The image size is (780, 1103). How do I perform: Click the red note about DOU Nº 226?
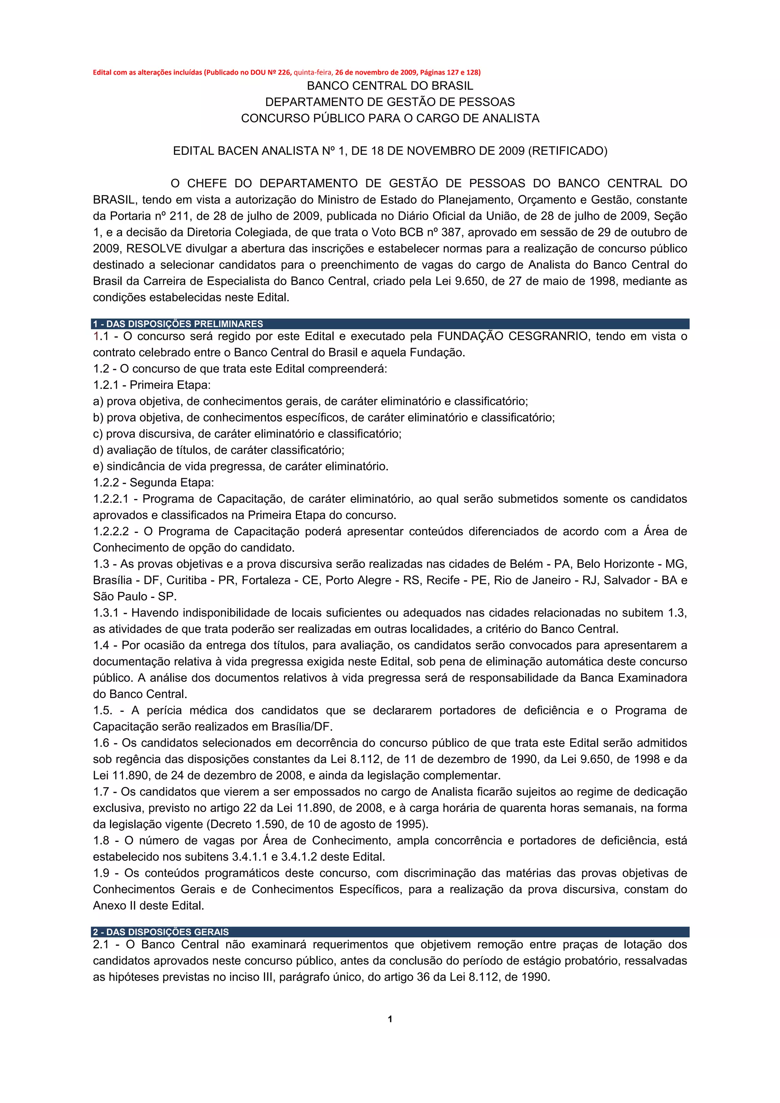click(x=286, y=73)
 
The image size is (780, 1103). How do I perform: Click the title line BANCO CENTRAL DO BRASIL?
click(x=390, y=86)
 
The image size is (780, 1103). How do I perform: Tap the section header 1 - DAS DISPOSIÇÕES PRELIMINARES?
click(x=178, y=324)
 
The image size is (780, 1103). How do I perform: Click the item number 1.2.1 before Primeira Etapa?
click(x=105, y=385)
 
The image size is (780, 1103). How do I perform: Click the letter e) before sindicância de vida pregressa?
click(x=98, y=467)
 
